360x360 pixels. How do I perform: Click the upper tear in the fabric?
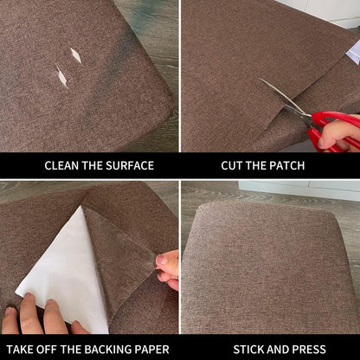pos(76,55)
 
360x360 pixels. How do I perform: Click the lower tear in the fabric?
pos(61,76)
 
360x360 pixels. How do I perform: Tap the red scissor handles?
pos(326,130)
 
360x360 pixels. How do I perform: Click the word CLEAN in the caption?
pos(64,165)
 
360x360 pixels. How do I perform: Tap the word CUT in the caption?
pos(232,165)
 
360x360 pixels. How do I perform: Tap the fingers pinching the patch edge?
pos(167,267)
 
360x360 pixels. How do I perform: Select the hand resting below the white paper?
pos(39,316)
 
